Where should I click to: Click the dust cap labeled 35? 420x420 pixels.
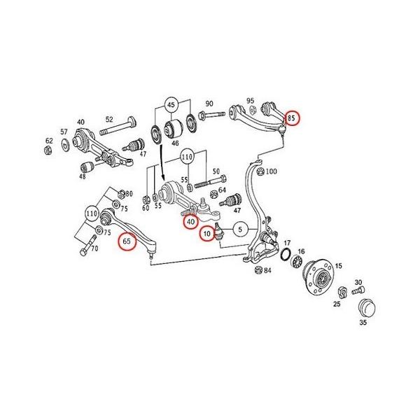tap(367, 308)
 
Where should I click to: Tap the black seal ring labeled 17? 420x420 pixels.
tap(286, 254)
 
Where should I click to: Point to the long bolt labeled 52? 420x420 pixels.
tap(118, 127)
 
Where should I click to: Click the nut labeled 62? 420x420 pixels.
tap(48, 150)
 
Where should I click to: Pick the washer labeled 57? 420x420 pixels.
tap(65, 144)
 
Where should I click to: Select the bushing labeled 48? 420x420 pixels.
tap(87, 167)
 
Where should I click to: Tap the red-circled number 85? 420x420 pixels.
tap(292, 118)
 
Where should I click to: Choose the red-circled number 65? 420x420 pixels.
tap(127, 241)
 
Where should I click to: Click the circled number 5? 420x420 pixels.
tap(240, 230)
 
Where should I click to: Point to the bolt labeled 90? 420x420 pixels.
tap(212, 115)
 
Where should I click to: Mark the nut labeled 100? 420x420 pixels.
tap(260, 171)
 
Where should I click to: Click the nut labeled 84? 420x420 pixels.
tap(258, 270)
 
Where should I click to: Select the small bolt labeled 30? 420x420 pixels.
tap(358, 290)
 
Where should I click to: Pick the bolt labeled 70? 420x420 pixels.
tap(88, 245)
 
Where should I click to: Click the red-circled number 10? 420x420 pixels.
tap(207, 234)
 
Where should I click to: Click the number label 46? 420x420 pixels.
tap(175, 143)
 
